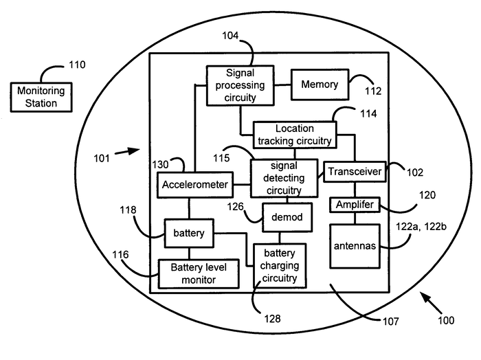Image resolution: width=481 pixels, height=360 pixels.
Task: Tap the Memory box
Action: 319,85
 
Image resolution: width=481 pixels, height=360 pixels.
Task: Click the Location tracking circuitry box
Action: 295,135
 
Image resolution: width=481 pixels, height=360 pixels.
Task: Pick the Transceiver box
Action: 354,172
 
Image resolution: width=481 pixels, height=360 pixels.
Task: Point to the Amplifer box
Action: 355,205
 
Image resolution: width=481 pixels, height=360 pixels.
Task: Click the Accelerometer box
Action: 194,184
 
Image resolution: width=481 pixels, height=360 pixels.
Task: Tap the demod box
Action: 288,218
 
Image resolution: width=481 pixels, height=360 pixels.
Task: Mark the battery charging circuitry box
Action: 280,266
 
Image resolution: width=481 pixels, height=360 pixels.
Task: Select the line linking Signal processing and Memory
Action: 282,85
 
